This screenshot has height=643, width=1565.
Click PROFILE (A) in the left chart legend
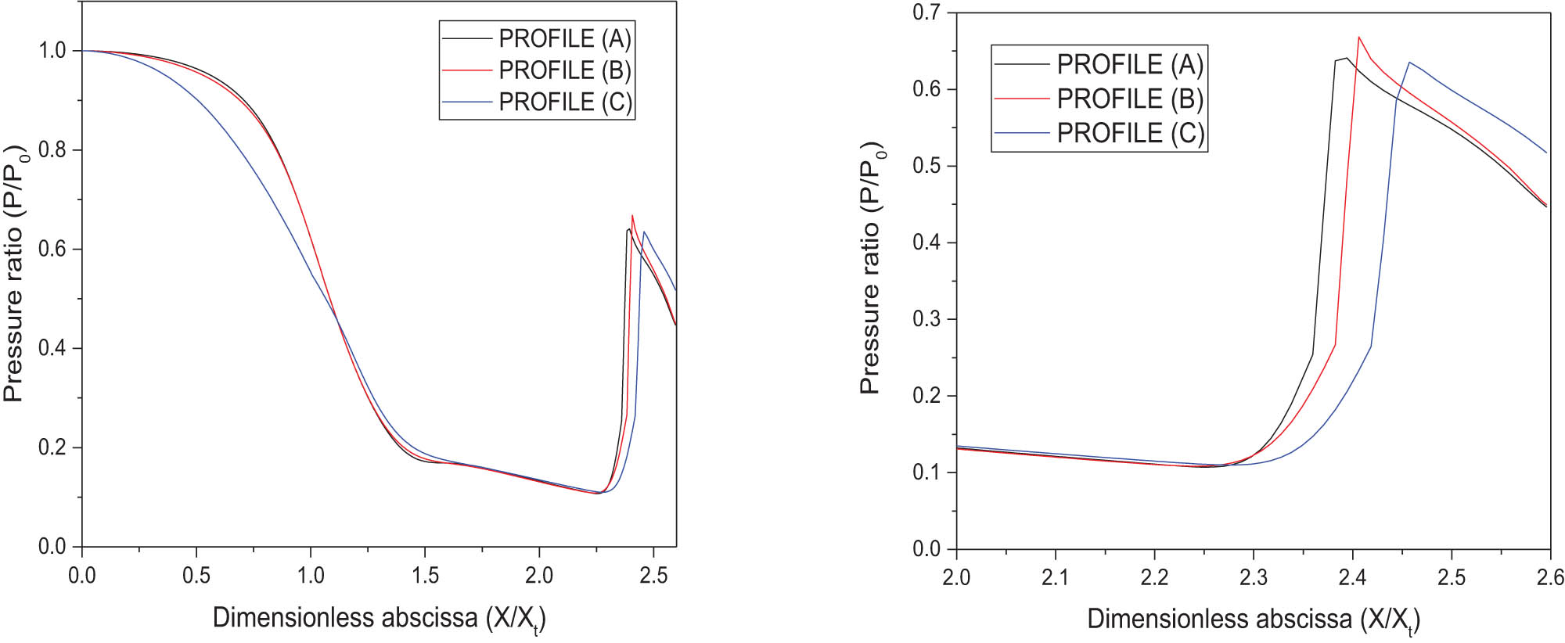564,38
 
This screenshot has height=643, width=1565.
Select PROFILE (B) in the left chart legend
564,70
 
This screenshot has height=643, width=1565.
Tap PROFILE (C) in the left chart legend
564,102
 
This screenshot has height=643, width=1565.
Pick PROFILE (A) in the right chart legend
1129,64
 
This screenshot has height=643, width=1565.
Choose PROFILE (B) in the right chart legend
1129,99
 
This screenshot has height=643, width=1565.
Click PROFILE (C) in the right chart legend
1129,133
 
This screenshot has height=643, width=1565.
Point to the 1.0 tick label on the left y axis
52,51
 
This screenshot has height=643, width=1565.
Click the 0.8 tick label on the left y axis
52,149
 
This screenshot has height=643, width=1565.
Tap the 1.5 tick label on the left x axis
425,576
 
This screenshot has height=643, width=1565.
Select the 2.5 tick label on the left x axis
653,576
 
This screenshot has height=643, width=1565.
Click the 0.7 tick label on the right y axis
927,13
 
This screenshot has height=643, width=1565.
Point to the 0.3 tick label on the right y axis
927,319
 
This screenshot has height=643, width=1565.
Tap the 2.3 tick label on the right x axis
1254,578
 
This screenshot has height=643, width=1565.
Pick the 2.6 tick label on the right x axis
1549,578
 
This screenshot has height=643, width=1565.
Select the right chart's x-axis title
1253,620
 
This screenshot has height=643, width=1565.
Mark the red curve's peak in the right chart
1358,37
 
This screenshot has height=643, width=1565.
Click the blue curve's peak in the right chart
1409,62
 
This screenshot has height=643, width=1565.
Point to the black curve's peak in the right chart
1346,58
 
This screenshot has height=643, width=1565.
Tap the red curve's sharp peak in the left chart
632,215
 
